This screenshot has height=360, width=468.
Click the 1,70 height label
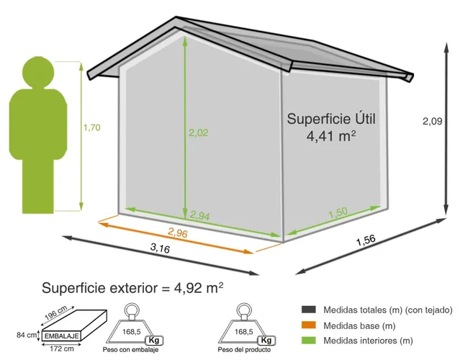point(91,128)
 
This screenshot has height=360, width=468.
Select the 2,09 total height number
point(432,122)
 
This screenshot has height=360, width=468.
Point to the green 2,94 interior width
point(200,215)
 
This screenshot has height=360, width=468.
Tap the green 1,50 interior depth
point(339,214)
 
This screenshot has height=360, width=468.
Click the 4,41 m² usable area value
point(332,135)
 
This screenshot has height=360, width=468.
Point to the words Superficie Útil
point(332,118)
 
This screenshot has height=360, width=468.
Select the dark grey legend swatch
point(310,310)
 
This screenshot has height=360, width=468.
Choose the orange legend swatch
point(310,325)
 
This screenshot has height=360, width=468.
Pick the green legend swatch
point(310,341)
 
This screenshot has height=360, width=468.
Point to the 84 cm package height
point(27,335)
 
